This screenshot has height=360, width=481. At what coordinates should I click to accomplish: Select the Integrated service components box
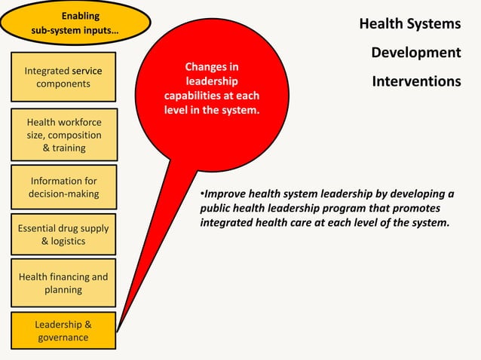(x=63, y=77)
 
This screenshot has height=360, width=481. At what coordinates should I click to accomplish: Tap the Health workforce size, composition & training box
(x=63, y=135)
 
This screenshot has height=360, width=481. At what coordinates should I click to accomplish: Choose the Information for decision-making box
(x=63, y=188)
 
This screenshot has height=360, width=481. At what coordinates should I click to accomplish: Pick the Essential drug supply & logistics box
(x=63, y=235)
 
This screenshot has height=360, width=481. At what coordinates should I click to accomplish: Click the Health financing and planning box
(x=63, y=283)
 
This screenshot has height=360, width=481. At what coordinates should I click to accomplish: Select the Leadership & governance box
(x=63, y=331)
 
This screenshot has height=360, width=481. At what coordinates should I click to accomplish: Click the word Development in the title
(x=415, y=53)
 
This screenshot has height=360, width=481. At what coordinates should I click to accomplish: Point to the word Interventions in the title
(x=416, y=81)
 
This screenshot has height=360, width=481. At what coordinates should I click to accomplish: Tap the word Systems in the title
(x=436, y=24)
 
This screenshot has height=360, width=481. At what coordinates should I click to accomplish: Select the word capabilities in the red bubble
(x=198, y=96)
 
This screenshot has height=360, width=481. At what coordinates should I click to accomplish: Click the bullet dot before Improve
(x=202, y=194)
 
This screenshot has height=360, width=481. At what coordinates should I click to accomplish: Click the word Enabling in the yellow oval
(x=81, y=16)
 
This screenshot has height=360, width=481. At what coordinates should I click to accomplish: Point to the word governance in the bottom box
(x=63, y=337)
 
